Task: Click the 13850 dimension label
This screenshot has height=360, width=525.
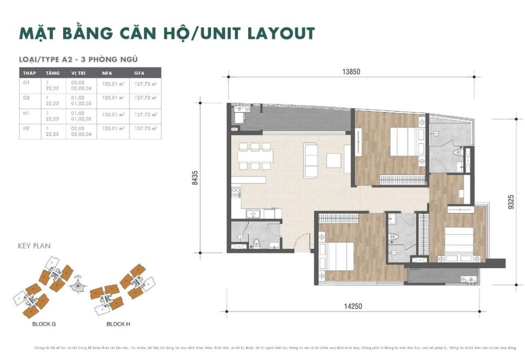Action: click(351, 71)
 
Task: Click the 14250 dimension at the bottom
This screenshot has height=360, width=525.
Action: click(351, 306)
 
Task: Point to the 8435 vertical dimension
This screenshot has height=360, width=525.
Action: click(195, 178)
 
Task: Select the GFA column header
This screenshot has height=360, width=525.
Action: click(139, 73)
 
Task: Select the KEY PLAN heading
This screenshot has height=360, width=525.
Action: click(34, 246)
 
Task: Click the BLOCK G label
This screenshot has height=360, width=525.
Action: click(44, 324)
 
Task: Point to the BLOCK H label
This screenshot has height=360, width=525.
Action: click(118, 324)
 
